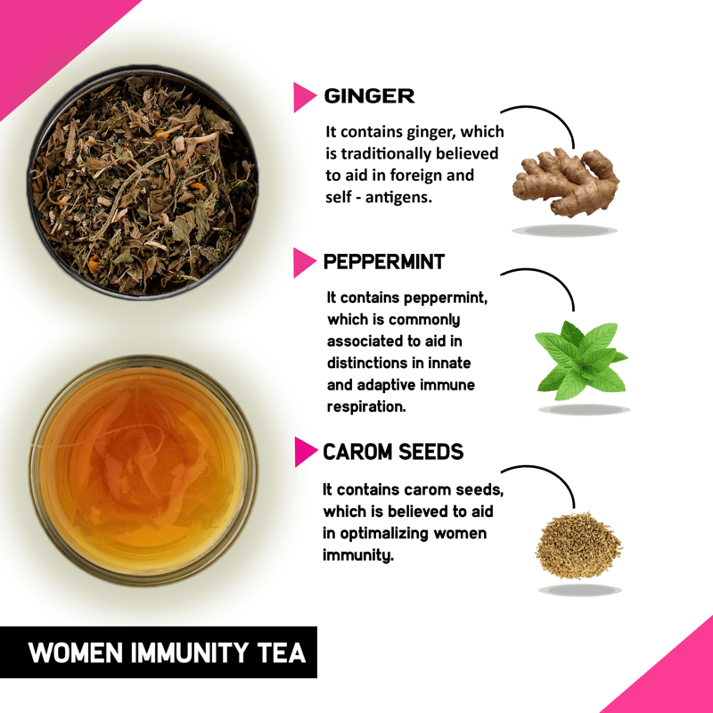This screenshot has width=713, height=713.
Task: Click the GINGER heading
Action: [x=369, y=96]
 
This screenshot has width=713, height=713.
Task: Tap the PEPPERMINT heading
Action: [x=384, y=262]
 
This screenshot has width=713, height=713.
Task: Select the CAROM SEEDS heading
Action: [x=393, y=452]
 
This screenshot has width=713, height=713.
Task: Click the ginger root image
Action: [x=566, y=182]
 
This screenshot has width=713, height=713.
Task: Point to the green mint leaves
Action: [x=581, y=360]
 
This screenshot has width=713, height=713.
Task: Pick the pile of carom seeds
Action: [x=578, y=545]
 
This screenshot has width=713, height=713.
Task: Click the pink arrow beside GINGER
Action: [x=305, y=97]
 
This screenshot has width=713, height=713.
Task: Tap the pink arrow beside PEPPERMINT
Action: [x=305, y=262]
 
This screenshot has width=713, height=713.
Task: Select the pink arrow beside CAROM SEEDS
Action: [x=306, y=452]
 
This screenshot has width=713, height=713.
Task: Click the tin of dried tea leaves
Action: [x=143, y=182]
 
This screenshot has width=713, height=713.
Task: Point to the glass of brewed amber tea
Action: [x=143, y=471]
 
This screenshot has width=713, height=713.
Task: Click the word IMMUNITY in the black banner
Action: [x=190, y=653]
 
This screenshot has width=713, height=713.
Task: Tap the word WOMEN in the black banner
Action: [x=76, y=653]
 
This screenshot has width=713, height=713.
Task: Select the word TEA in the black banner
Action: [x=282, y=653]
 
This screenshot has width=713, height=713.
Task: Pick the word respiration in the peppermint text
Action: [x=366, y=406]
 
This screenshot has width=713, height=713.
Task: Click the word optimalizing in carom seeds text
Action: [x=384, y=534]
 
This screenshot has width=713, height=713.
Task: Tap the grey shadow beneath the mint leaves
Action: [x=584, y=410]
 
